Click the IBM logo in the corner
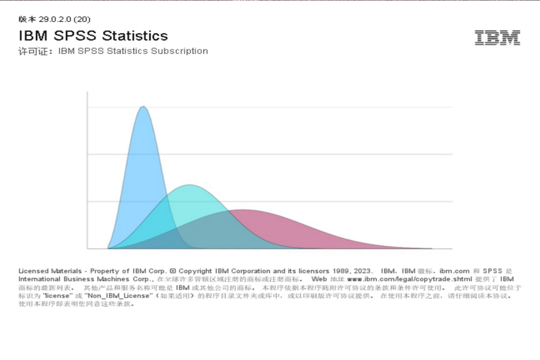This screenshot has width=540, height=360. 497,37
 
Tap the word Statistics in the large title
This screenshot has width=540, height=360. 135,36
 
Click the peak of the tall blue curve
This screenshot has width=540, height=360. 143,106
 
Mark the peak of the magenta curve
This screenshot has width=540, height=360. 243,210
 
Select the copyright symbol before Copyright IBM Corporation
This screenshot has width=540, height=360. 173,271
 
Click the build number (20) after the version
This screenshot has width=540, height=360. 82,19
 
